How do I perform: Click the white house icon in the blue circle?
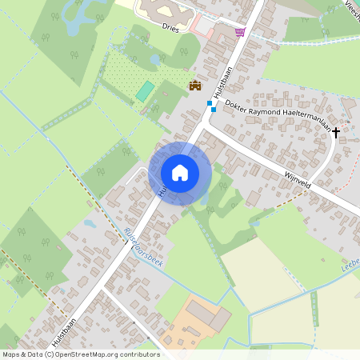point(180,172)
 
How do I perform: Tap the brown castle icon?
point(194,85)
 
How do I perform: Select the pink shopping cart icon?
point(241,31)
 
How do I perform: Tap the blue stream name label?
point(145,248)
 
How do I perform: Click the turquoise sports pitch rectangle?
point(145,91)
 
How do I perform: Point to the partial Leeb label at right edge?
point(350,265)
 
